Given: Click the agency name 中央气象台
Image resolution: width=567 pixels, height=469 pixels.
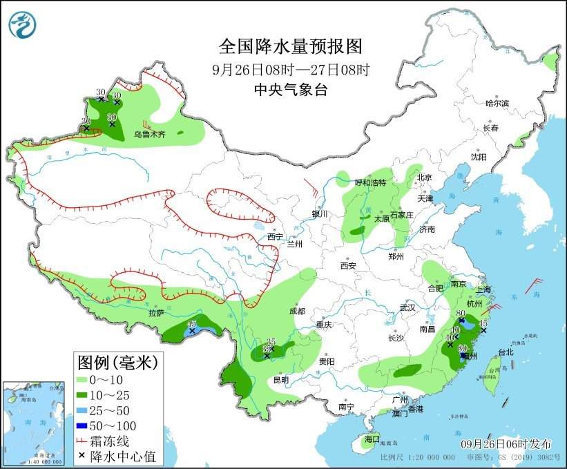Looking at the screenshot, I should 290,89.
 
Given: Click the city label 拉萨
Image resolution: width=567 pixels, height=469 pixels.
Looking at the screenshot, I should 156,313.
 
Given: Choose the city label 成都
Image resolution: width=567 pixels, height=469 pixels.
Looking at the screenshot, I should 298,311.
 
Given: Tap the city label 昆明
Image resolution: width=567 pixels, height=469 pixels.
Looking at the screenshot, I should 280,379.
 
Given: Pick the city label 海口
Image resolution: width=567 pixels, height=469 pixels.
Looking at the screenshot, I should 372,439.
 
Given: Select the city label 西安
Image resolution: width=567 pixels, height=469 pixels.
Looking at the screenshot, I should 347,265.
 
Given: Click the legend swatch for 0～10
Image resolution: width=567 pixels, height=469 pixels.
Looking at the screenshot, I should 86,379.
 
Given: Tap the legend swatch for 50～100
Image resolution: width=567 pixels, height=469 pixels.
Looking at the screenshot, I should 86,425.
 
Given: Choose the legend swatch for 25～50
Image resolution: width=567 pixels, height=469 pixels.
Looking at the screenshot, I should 86,410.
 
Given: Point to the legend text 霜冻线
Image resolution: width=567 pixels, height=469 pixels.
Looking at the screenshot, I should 114,440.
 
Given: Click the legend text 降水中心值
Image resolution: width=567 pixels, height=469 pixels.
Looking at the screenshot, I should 125,455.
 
